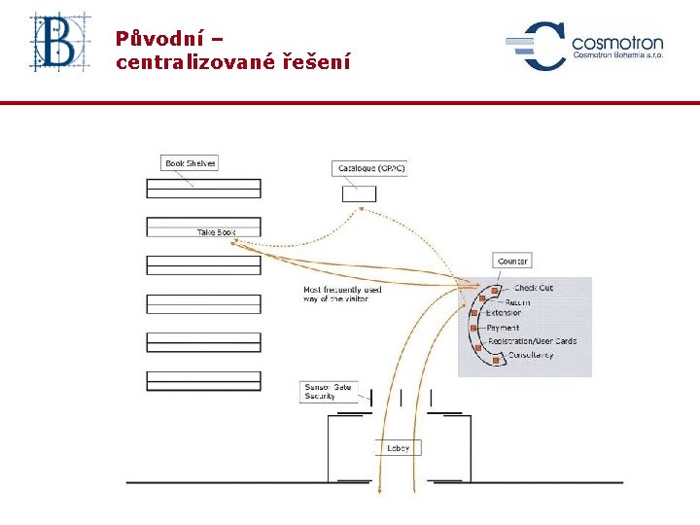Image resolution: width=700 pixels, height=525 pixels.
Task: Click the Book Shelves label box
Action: click(190, 163)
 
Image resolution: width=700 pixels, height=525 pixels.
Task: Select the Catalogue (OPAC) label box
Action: click(370, 168)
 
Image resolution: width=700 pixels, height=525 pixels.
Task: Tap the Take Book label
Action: click(216, 232)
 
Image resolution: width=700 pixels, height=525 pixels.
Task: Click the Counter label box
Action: click(512, 262)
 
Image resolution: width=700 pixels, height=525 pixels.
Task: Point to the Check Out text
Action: click(533, 289)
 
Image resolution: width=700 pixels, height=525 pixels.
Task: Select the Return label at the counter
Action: click(517, 303)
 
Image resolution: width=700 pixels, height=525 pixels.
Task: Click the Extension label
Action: click(504, 313)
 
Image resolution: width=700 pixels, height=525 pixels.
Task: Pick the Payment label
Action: click(503, 329)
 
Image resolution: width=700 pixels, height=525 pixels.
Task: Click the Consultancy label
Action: click(531, 355)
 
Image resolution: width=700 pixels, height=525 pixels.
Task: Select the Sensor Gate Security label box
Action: click(329, 392)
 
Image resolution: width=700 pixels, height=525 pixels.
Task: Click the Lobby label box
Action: click(399, 448)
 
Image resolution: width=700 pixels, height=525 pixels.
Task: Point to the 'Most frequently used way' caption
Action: click(342, 295)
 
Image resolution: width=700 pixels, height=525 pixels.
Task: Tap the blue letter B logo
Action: click(59, 43)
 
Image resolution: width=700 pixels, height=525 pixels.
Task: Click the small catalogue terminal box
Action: click(359, 193)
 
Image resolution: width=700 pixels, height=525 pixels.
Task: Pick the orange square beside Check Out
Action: click(495, 291)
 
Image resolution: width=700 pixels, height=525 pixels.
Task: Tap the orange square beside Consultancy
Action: click(497, 361)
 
